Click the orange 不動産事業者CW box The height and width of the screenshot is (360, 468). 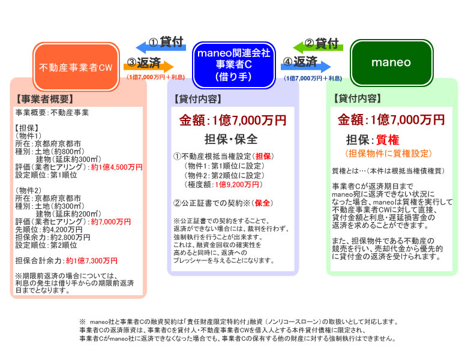76,67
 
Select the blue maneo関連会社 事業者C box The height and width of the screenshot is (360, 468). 234,65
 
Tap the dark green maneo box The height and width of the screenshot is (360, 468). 391,62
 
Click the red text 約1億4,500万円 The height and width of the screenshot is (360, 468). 117,167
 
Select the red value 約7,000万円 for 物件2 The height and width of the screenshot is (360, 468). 111,222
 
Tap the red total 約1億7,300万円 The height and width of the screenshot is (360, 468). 92,261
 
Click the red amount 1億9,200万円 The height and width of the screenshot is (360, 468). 236,185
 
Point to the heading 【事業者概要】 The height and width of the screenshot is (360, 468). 44,99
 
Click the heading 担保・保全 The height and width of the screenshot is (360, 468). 231,139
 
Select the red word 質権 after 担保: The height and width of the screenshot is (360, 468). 388,139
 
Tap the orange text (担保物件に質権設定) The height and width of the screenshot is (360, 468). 388,154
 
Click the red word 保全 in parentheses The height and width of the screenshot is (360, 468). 262,203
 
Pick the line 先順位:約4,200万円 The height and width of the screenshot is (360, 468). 49,230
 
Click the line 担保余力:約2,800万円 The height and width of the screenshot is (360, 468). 53,238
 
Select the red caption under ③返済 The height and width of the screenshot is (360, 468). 155,77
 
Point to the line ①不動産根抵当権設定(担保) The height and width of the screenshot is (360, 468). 224,157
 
